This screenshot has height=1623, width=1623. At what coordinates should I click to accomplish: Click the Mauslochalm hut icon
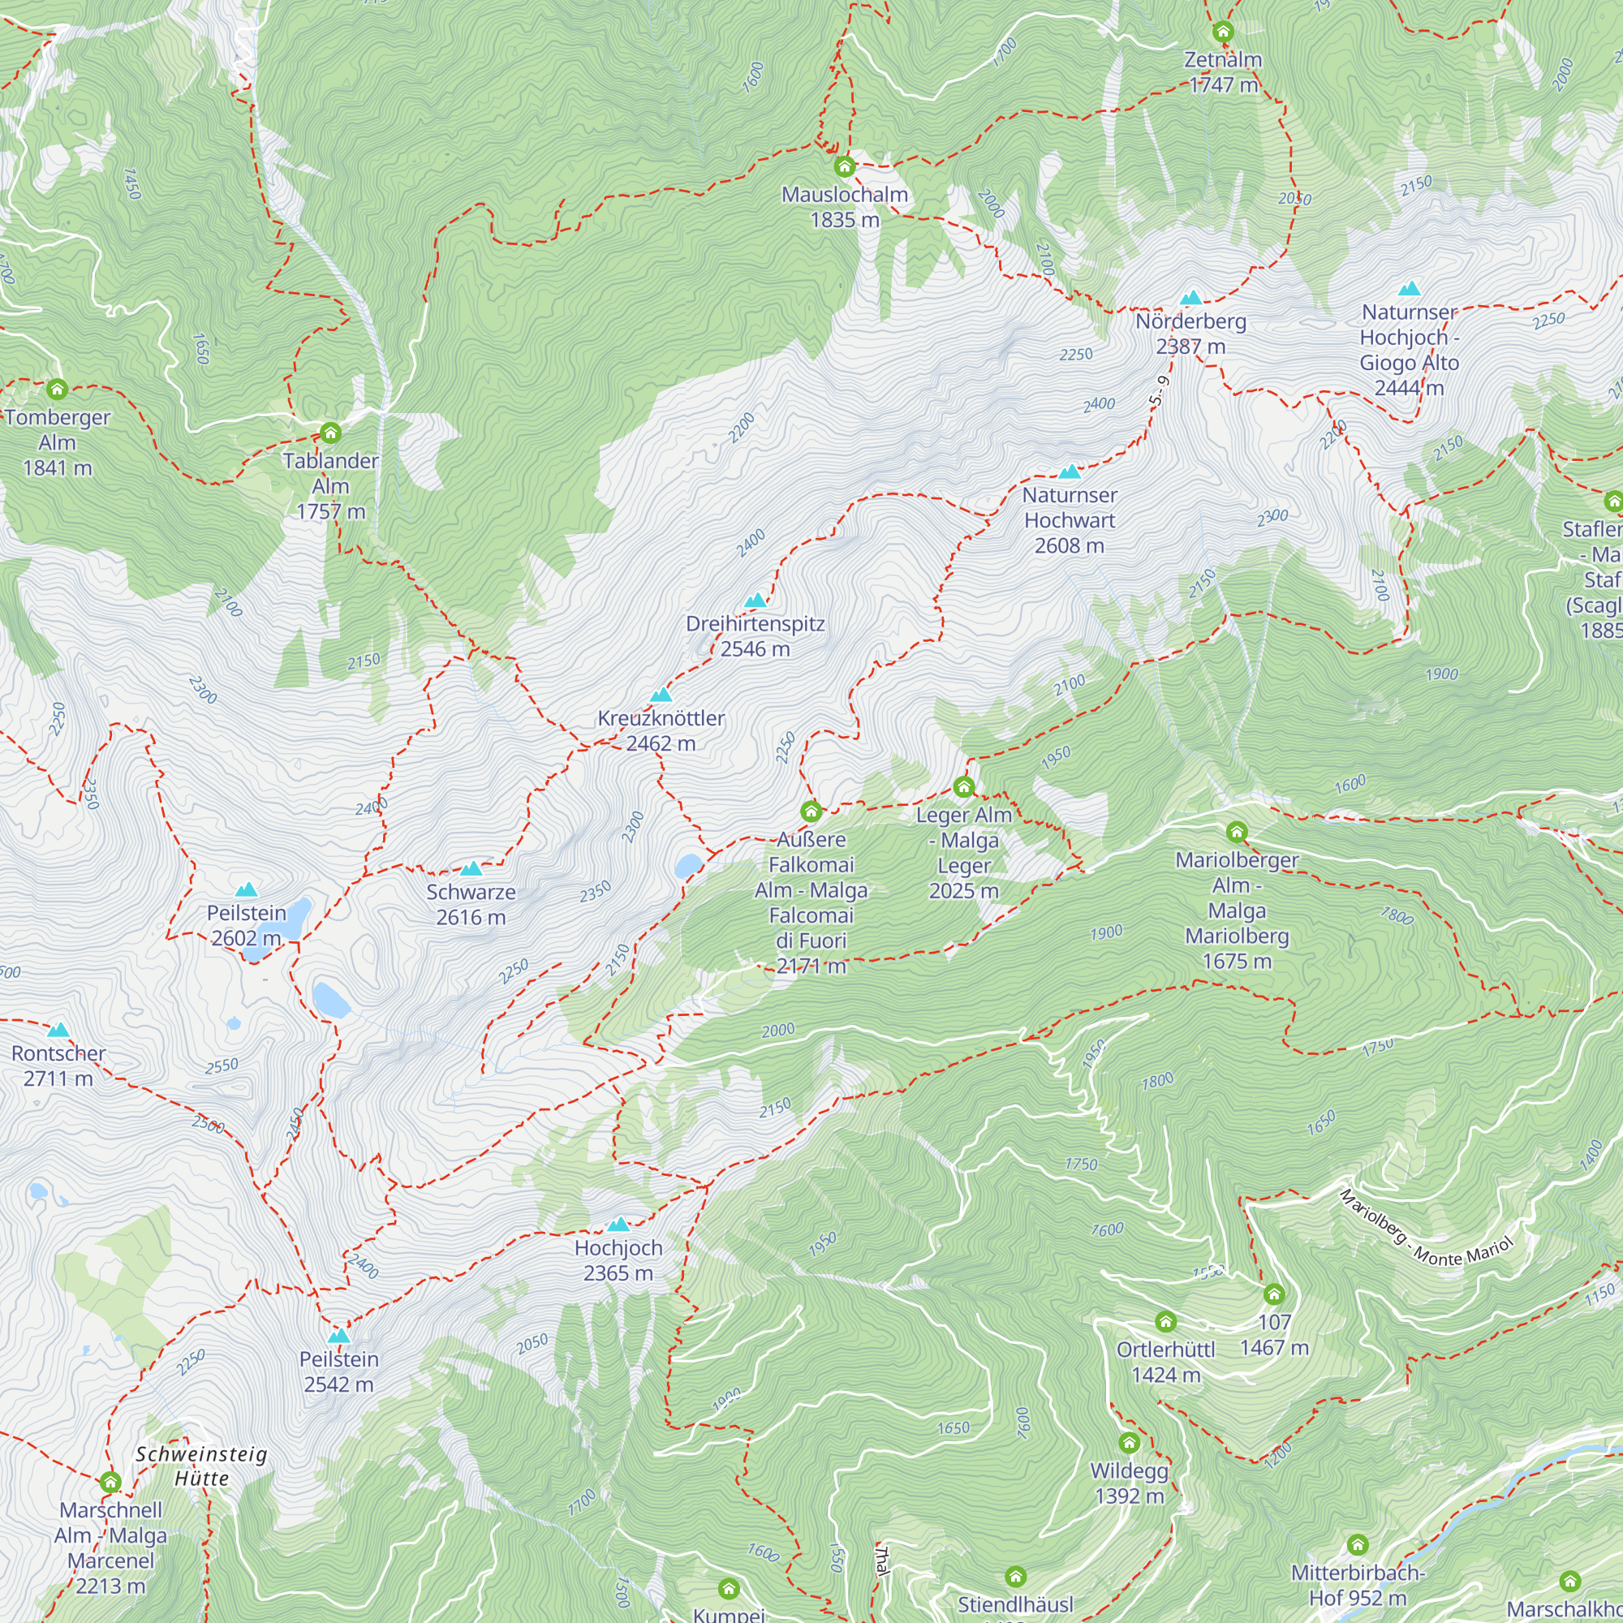[x=844, y=166]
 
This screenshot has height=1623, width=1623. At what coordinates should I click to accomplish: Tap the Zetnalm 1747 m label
[x=1223, y=72]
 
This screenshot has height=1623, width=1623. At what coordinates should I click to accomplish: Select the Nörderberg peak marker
[x=1190, y=297]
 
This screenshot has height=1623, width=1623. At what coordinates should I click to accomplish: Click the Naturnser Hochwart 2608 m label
[x=1070, y=520]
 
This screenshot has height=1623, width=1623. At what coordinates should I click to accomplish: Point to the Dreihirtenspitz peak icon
[x=756, y=600]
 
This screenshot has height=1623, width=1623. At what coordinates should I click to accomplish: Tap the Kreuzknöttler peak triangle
[x=661, y=695]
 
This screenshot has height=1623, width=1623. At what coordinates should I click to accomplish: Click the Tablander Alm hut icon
[x=330, y=433]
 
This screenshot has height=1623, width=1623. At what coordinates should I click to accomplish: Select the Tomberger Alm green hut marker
[x=57, y=390]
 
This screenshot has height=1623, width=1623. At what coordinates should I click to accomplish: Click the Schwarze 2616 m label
[x=471, y=904]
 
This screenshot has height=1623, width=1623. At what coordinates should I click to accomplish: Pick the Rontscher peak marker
[x=58, y=1030]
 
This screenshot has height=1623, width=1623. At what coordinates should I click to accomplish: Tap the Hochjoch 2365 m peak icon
[x=618, y=1225]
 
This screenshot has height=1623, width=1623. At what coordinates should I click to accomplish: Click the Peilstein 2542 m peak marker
[x=338, y=1336]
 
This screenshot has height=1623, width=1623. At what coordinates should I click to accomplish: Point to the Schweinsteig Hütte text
[x=201, y=1466]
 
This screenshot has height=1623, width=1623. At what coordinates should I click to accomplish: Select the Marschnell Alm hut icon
[x=110, y=1483]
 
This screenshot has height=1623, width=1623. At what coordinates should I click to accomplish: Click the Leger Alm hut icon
[x=963, y=787]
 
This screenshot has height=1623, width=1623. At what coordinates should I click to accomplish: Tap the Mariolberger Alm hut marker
[x=1237, y=833]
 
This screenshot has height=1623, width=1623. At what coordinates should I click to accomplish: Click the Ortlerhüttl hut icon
[x=1165, y=1322]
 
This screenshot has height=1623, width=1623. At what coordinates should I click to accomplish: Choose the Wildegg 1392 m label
[x=1129, y=1483]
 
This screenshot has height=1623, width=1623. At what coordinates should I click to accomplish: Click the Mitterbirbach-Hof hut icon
[x=1358, y=1545]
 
